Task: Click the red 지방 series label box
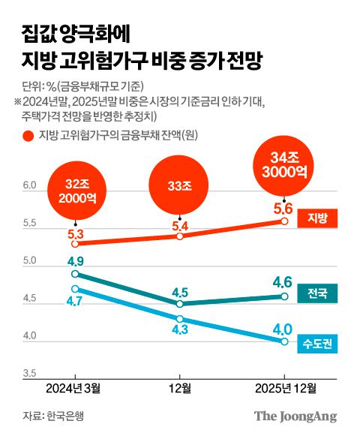coord(317,218)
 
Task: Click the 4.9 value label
coord(75,261)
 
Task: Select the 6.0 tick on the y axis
coord(28,185)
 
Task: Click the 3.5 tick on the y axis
coord(28,373)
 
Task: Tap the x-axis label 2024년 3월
coord(75,389)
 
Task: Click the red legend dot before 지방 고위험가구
coord(27,136)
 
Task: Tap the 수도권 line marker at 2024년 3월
coord(75,289)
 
